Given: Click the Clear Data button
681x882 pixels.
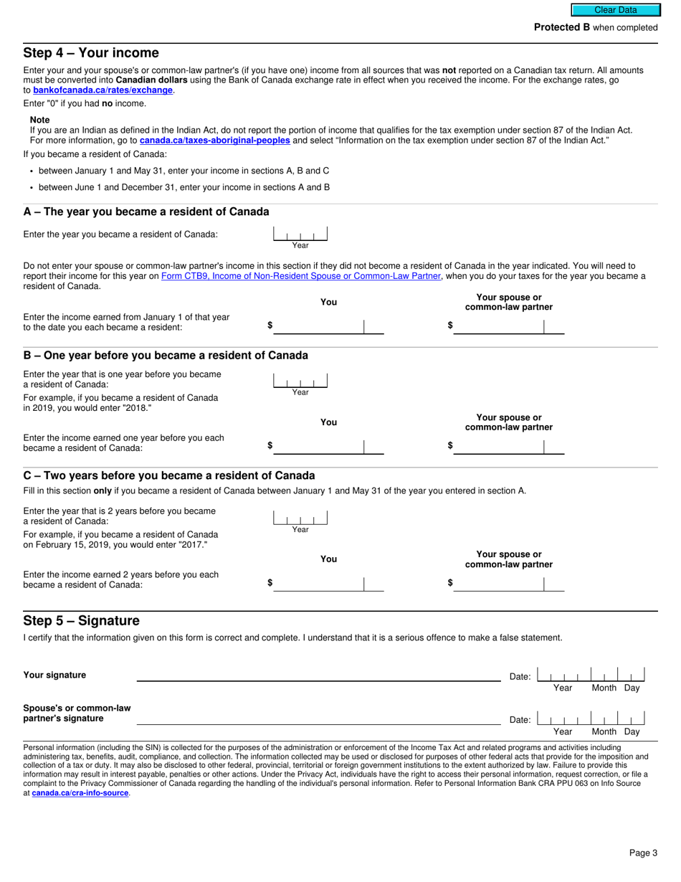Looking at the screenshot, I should click(615, 10).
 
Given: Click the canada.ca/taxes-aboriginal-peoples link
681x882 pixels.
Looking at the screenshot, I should click(214, 141).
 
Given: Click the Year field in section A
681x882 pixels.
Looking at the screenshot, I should click(300, 234).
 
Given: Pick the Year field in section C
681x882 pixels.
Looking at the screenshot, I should click(300, 517).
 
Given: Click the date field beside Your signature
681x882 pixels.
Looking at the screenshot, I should click(591, 675).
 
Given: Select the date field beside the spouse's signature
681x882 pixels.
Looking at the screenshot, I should click(591, 719).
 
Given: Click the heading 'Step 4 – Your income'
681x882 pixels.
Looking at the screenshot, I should click(91, 53).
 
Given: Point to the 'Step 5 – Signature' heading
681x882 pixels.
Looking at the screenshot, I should click(81, 621).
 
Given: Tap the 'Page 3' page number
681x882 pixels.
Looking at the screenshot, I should click(643, 853).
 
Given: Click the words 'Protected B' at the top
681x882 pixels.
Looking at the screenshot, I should click(562, 27).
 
